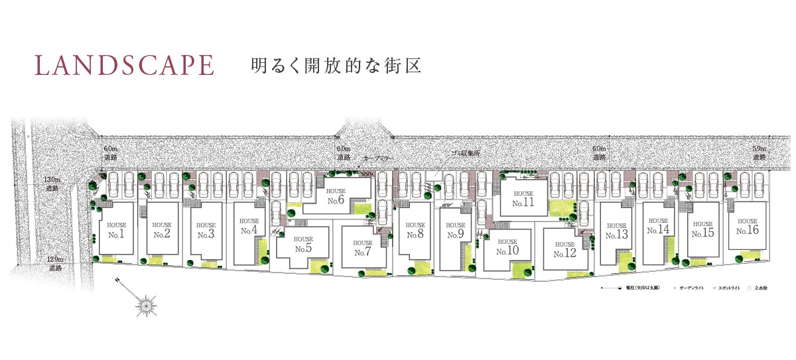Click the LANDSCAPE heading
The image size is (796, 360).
(125, 66)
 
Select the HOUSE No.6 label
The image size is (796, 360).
(336, 196)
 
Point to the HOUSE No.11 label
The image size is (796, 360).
(523, 199)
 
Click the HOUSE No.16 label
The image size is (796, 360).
(747, 227)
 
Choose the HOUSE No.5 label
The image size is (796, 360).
(303, 244)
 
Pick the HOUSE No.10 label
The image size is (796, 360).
(507, 247)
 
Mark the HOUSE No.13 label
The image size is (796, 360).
(616, 231)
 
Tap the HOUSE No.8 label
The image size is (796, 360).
(415, 230)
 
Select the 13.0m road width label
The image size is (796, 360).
(52, 184)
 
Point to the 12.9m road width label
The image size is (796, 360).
(55, 264)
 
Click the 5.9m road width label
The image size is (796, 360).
(759, 153)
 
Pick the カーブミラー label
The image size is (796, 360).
(379, 160)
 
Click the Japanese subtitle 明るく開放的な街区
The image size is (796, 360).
(336, 66)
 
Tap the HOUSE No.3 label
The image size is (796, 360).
(206, 230)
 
